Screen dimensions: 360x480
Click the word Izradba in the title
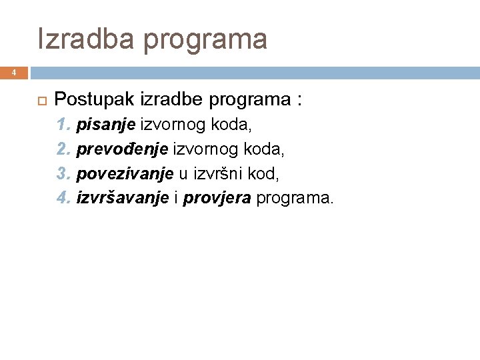[x=85, y=39]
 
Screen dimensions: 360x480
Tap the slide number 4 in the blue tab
[x=13, y=72]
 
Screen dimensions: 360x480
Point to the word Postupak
[x=94, y=100]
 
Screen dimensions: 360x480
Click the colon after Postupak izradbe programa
[x=300, y=101]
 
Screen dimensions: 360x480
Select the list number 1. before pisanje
[x=64, y=124]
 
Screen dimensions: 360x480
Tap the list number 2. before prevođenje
[x=64, y=149]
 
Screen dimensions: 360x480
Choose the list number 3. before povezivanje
[x=64, y=173]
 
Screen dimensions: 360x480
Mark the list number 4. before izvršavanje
[x=64, y=197]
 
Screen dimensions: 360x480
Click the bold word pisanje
[x=106, y=125]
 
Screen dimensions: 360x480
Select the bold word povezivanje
[x=125, y=173]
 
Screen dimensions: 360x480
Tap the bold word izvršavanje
[x=123, y=198]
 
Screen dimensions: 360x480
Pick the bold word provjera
[x=217, y=198]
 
